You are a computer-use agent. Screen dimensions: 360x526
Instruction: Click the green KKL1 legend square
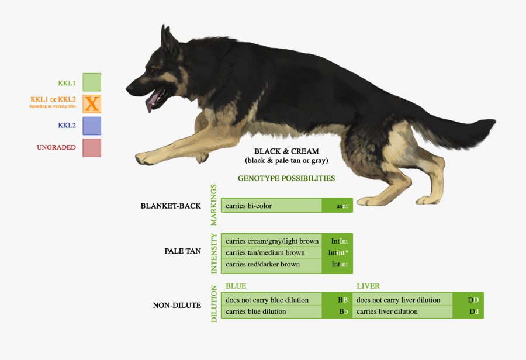coord(92,82)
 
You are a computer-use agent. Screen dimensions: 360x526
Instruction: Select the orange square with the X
coord(92,104)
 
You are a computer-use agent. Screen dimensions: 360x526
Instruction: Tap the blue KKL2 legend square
coord(92,126)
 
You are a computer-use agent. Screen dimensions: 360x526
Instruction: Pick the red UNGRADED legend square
coord(92,147)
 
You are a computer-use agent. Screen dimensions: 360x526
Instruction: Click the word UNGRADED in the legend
coord(56,147)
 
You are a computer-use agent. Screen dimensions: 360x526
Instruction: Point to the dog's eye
coord(153,71)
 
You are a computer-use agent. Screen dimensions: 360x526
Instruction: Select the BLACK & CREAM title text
coord(286,151)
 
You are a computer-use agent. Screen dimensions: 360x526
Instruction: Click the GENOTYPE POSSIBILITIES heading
coord(286,178)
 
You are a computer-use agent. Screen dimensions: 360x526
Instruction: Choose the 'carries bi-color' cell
coord(271,206)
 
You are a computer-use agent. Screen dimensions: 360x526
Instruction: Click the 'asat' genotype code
coord(342,206)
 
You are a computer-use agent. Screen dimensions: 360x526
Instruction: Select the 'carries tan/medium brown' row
coord(271,253)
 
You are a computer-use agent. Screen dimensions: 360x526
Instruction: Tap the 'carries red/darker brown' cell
coord(271,264)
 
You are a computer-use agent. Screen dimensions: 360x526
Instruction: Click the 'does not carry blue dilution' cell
coord(271,300)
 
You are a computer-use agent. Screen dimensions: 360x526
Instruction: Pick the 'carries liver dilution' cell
coord(403,311)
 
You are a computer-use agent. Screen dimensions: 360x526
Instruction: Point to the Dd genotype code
coord(473,311)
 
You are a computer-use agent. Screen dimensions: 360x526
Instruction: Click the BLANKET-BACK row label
coord(171,206)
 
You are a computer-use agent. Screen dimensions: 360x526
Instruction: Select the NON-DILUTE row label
coord(177,305)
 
